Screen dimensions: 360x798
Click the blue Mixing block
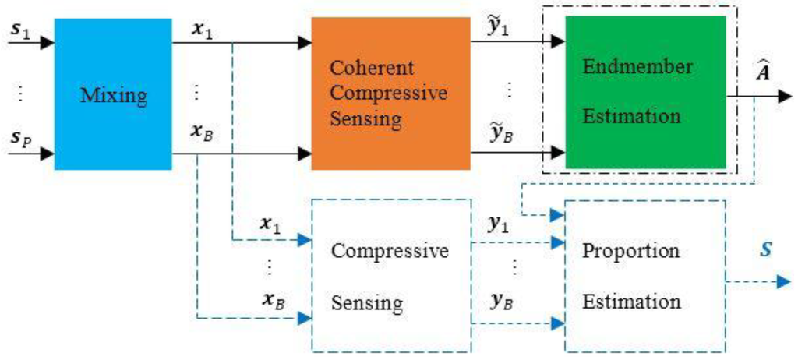coord(112,94)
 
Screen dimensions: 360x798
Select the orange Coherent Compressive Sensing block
coord(390,94)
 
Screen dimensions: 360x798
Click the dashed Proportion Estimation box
coord(643,277)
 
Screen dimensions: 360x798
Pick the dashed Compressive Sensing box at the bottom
coord(390,277)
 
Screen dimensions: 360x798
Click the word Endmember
coord(637,67)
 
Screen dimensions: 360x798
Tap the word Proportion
coord(631,252)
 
